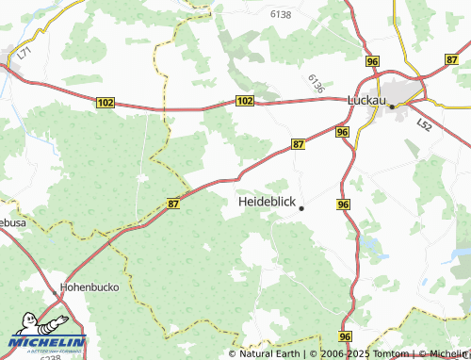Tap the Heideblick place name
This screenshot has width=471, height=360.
click(268, 203)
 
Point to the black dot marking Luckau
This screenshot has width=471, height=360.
click(392, 107)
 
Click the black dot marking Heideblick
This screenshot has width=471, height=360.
click(301, 208)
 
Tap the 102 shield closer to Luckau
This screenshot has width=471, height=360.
click(245, 100)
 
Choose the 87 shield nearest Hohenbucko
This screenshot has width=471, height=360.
click(173, 203)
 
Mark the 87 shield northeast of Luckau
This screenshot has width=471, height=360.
click(452, 59)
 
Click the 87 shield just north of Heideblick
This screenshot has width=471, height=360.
click(299, 143)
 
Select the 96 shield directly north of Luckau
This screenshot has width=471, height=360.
click(373, 61)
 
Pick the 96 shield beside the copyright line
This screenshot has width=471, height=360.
click(346, 336)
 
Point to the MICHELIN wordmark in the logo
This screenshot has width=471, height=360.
click(47, 343)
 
